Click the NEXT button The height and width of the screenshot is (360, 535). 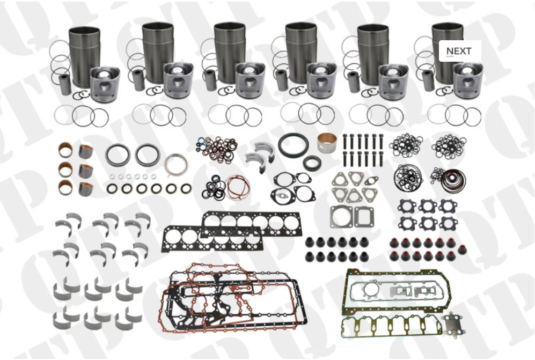click(x=459, y=51)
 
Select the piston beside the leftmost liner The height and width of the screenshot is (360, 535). click(x=105, y=84)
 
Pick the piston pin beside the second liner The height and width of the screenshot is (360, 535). click(x=138, y=80)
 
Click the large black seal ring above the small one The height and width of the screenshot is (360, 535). click(x=293, y=146)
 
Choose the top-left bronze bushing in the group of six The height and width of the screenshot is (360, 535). click(x=65, y=150)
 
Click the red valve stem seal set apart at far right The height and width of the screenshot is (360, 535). click(x=462, y=249)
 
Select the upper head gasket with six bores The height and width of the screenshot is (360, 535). click(x=252, y=223)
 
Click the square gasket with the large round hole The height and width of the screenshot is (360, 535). click(x=341, y=216)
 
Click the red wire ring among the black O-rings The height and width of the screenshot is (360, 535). click(x=238, y=188)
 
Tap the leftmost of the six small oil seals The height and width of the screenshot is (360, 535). click(x=112, y=188)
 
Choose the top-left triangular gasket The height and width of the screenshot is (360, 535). click(x=340, y=180)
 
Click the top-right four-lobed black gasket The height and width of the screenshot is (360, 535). click(x=448, y=207)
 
